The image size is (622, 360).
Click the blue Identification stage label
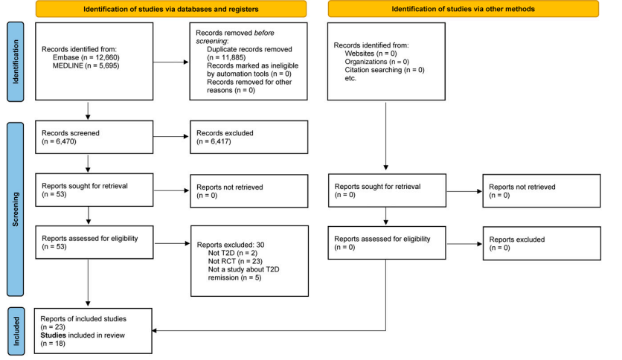[16, 62]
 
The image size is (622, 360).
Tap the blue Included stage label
[16, 331]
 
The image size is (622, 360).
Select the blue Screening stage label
[16, 209]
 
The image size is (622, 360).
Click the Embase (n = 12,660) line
[86, 57]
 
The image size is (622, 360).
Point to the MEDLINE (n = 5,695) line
[86, 65]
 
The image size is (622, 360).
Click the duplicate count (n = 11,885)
[226, 57]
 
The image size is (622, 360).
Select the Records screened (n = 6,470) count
[59, 141]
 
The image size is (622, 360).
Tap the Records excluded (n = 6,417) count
[214, 141]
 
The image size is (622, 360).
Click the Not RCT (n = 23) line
[235, 261]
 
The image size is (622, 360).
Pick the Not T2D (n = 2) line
[233, 253]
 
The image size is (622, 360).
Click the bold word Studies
[53, 335]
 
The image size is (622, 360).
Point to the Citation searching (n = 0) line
[385, 70]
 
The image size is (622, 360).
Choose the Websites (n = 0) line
[371, 54]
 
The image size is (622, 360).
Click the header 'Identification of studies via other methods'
[464, 9]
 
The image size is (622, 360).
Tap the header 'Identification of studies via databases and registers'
[171, 9]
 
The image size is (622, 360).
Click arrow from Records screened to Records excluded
[171, 137]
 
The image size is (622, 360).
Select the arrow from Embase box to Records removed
[171, 62]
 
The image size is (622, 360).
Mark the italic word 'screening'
[212, 41]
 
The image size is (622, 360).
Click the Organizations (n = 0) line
[377, 62]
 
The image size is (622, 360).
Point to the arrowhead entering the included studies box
[154, 331]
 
